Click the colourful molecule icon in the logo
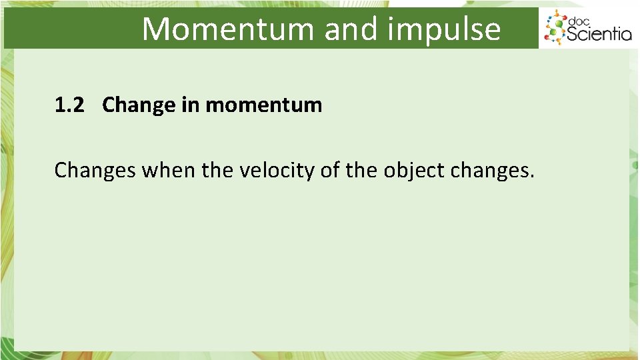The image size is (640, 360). coord(555,29)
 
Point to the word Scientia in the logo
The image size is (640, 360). coord(599,33)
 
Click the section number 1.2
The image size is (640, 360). coord(70,105)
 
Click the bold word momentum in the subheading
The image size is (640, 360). coord(263,105)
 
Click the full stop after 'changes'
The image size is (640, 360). coord(531,178)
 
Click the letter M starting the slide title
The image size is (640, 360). coord(155,29)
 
